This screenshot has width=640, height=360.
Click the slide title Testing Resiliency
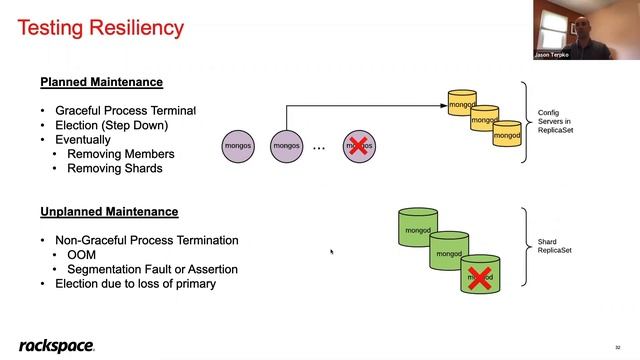(101, 28)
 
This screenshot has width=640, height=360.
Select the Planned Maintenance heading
(101, 82)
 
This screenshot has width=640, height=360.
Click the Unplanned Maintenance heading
(109, 212)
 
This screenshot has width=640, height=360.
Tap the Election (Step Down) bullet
(111, 125)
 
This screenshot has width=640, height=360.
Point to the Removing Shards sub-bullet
(114, 168)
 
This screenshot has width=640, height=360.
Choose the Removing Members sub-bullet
(120, 154)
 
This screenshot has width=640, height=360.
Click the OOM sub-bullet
(82, 255)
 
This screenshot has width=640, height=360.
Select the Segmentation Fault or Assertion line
(152, 269)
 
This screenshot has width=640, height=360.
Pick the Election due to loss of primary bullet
(135, 284)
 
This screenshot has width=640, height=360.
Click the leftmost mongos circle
(238, 146)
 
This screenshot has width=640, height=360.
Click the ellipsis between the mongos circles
(319, 148)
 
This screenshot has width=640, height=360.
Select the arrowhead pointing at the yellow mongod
(443, 104)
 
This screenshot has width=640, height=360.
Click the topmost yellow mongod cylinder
(461, 103)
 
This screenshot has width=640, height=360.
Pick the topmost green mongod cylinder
(418, 230)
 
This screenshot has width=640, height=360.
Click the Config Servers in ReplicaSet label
(554, 122)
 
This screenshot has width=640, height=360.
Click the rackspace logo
(56, 345)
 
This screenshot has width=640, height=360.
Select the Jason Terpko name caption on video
(550, 55)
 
